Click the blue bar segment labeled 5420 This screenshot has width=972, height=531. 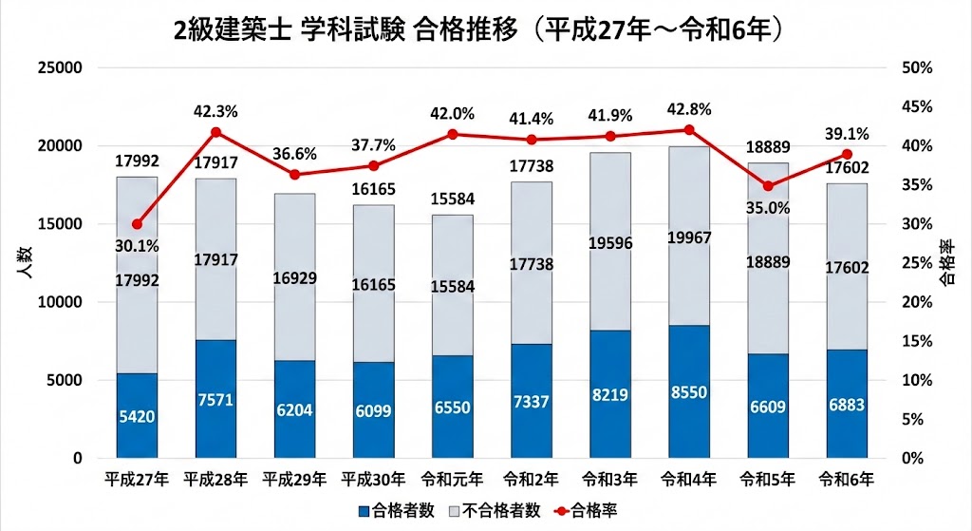[137, 415]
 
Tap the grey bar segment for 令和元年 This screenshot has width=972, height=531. [453, 285]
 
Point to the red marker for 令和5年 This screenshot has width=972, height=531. [768, 185]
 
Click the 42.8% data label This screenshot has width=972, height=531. [689, 109]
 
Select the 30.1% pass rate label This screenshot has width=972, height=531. [137, 246]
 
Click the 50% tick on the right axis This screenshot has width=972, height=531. [918, 68]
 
